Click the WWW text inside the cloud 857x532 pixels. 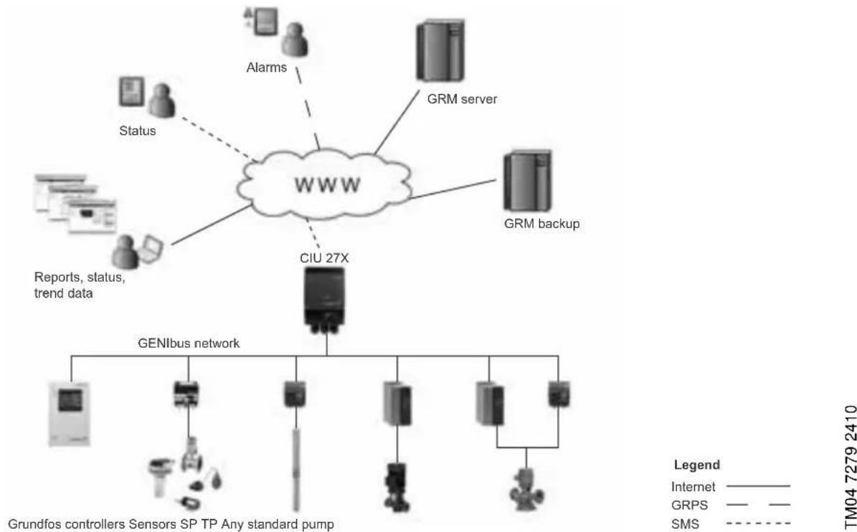328,184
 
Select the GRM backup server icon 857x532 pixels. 527,181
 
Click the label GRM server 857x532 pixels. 462,99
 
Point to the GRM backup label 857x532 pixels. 541,224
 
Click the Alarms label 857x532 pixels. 266,67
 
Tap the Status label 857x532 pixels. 137,131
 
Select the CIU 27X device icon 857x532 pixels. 326,299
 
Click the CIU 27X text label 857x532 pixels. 324,258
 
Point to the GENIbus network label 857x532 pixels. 189,343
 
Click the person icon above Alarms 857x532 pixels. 295,39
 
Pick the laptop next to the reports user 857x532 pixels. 150,249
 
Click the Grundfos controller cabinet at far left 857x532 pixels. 70,414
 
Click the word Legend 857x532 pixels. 697,465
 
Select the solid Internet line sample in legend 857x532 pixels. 758,485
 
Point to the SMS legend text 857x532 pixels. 685,524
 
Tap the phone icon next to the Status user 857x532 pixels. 132,92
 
